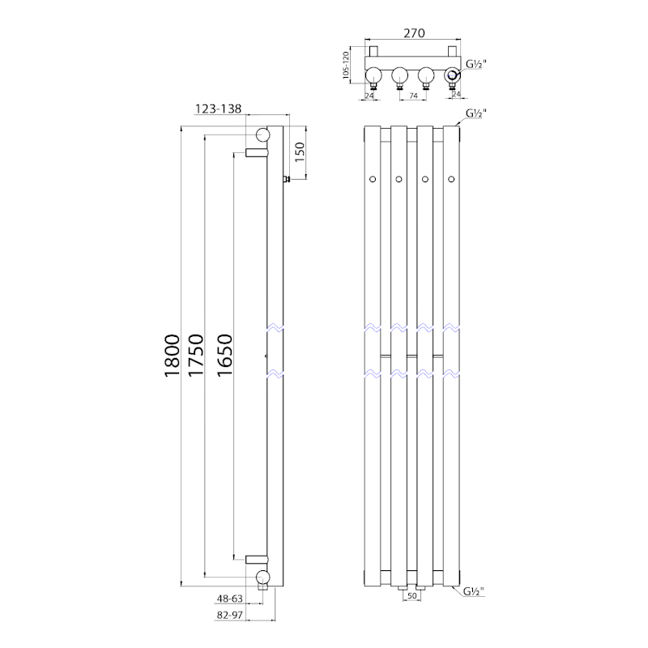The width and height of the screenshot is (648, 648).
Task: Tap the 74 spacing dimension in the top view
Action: click(x=413, y=96)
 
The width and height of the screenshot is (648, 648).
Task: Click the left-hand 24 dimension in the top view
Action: click(x=370, y=96)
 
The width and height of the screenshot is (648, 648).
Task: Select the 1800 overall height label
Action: click(x=171, y=355)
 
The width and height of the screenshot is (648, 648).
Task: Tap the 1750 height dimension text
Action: click(x=194, y=355)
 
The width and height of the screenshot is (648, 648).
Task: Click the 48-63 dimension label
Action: click(x=230, y=600)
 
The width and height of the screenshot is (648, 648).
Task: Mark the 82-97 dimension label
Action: click(x=230, y=616)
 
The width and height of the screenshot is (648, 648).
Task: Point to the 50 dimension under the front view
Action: click(x=412, y=596)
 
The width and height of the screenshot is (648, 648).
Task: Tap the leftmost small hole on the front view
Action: click(x=372, y=178)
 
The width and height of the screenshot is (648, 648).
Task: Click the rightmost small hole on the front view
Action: click(x=450, y=178)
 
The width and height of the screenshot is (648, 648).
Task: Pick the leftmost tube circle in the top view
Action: click(x=373, y=78)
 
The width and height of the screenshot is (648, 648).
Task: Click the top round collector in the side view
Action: click(x=263, y=135)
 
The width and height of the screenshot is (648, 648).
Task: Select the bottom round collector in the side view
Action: click(x=263, y=576)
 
